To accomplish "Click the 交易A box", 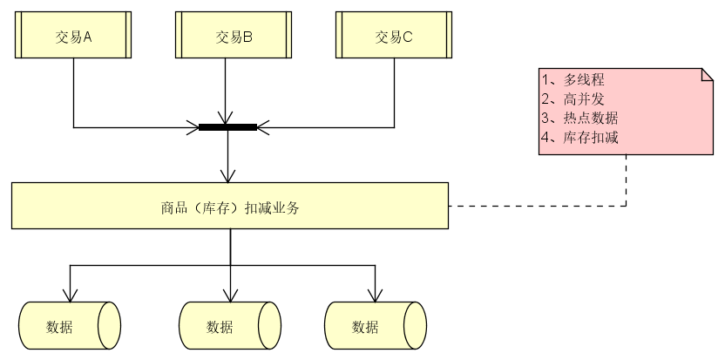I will click(73, 36).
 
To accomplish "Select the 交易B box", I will click(233, 36).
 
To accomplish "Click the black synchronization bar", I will click(227, 127).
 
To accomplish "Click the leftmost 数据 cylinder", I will click(69, 326).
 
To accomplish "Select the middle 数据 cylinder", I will click(230, 326).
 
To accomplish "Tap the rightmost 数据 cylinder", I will click(375, 326).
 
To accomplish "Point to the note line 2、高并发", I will click(573, 98).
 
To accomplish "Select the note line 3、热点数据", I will click(579, 118).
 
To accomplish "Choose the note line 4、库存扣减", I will click(579, 137).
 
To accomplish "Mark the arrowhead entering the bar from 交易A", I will click(193, 127).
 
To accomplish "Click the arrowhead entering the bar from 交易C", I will click(262, 127).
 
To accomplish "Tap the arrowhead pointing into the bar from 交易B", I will click(227, 119).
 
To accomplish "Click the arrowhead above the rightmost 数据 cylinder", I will click(376, 295).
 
